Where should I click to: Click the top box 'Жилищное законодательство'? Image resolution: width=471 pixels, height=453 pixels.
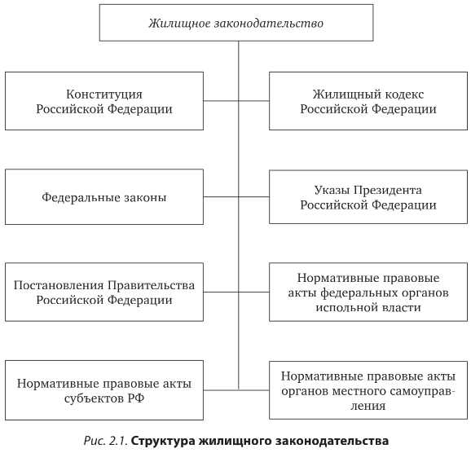click(236, 23)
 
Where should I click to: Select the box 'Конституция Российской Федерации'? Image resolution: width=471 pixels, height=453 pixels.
click(104, 101)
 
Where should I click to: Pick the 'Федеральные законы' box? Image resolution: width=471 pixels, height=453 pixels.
click(104, 197)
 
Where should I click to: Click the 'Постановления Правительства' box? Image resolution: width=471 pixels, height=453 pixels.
click(104, 292)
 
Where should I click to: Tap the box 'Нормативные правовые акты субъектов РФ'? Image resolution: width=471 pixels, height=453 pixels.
click(104, 389)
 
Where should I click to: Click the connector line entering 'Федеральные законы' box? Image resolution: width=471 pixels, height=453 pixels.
click(221, 197)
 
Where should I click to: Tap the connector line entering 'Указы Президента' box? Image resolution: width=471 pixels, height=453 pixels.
click(254, 197)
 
